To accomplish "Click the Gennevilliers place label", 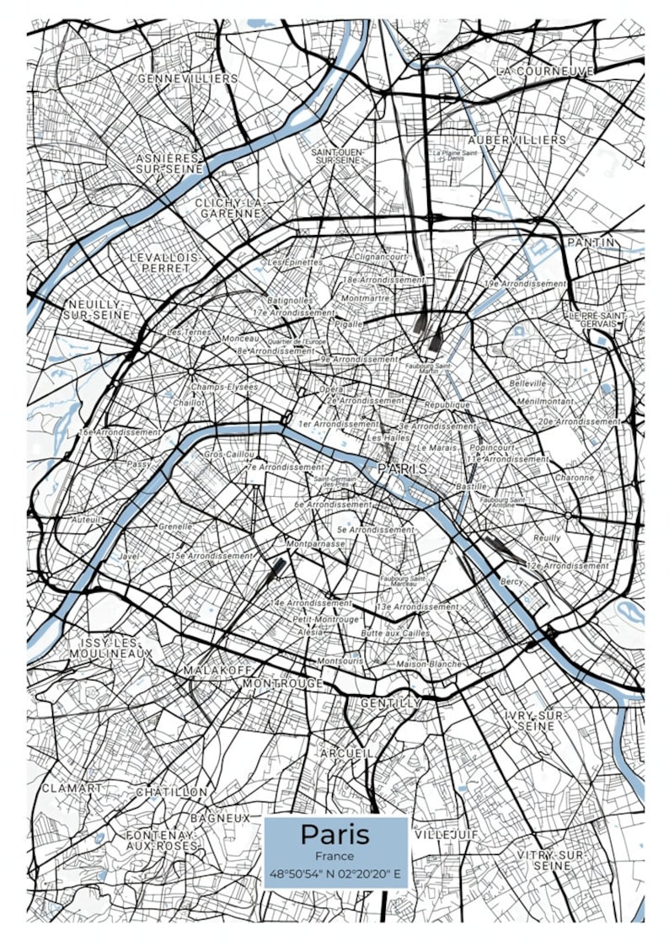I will click(187, 78).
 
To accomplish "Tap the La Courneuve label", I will click(544, 72).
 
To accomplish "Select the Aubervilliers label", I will click(517, 138).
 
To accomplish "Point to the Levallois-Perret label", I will click(166, 262).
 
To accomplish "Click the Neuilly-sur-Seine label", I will click(96, 308).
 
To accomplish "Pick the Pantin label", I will click(591, 242).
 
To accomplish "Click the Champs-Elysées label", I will click(224, 387).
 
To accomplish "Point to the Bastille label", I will click(470, 486).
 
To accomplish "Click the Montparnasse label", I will click(316, 544).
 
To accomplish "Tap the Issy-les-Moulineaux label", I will click(110, 647).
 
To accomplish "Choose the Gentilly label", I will click(390, 702).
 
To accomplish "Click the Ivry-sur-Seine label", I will click(537, 719).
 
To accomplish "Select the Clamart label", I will click(72, 788).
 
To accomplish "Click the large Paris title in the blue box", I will click(335, 834).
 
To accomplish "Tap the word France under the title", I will click(335, 856).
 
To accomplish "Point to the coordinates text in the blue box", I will click(335, 874).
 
